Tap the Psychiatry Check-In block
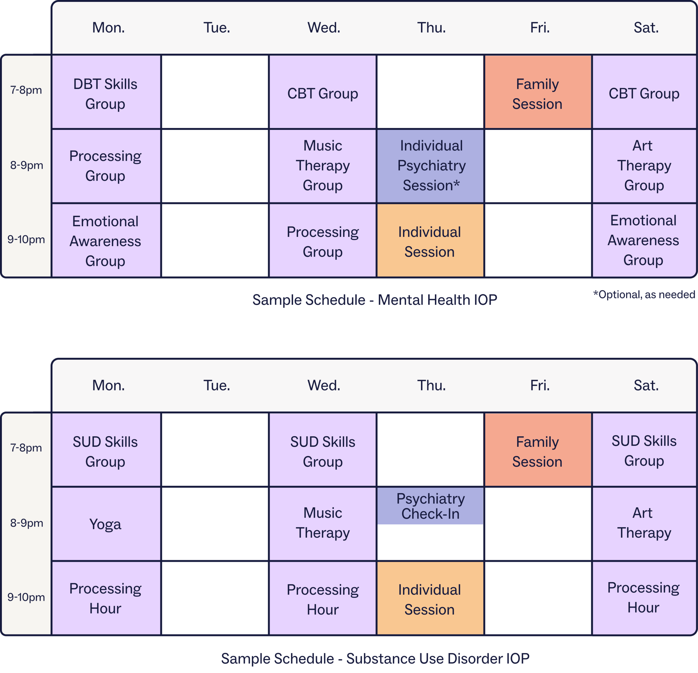click(430, 505)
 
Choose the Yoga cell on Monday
click(106, 524)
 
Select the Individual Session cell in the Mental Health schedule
click(430, 240)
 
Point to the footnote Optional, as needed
click(644, 294)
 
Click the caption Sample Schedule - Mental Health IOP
click(375, 300)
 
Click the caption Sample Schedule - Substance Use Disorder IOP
click(375, 658)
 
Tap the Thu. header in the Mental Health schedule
click(431, 28)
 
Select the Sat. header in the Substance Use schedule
click(646, 385)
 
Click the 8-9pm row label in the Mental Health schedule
click(26, 165)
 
